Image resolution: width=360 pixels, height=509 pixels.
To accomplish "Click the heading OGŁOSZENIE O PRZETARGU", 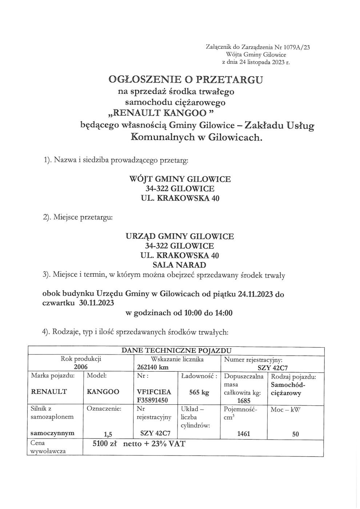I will [x=185, y=79].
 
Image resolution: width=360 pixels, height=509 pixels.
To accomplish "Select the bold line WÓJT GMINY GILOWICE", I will [x=180, y=179].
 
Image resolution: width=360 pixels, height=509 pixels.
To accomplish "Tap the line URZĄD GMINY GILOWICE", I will [x=180, y=236].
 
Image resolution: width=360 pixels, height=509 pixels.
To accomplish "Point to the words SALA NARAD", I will [x=180, y=265].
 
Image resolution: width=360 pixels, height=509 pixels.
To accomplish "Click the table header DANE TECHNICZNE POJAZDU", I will [x=176, y=350].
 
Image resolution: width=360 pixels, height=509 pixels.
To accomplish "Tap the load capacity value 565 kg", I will [x=199, y=392].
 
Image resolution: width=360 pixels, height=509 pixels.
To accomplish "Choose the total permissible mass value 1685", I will [x=244, y=401].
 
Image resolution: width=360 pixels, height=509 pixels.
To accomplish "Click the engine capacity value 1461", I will [x=244, y=433].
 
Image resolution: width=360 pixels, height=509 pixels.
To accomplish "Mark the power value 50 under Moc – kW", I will [x=295, y=433].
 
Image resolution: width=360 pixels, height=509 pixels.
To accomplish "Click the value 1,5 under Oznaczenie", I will [x=107, y=433].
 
